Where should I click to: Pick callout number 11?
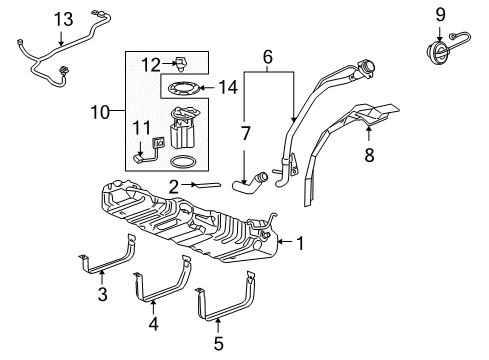140,127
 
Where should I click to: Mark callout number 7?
244,132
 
